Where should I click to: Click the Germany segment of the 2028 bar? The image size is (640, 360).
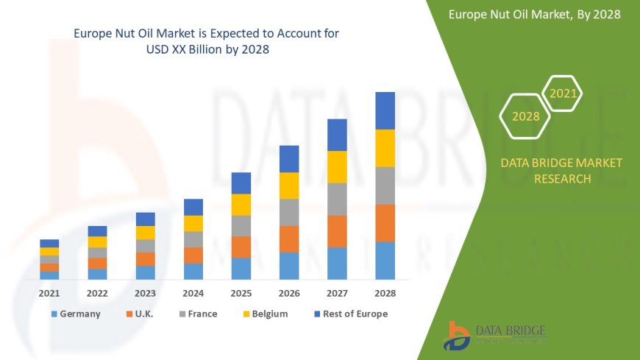[385, 261]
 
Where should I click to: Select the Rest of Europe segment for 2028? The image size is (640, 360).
[385, 110]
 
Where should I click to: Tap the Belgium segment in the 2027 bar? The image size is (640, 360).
[337, 166]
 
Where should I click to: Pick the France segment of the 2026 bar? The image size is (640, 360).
[289, 212]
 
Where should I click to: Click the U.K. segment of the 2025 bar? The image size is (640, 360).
[241, 247]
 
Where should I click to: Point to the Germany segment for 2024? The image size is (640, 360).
[193, 271]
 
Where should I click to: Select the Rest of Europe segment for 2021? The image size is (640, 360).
[49, 243]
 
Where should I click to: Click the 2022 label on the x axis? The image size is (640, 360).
[97, 293]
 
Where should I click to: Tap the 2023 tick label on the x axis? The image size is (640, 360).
[145, 293]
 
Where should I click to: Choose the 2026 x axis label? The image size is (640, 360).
[289, 293]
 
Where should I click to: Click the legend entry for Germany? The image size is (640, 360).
[76, 314]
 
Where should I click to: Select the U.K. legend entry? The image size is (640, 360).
[139, 314]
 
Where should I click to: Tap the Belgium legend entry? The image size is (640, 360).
[263, 314]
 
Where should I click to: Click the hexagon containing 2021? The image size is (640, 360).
[563, 93]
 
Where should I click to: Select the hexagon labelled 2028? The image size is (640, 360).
[525, 116]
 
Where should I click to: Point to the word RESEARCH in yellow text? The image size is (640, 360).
[561, 179]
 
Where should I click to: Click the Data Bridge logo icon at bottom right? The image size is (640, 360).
[457, 336]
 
